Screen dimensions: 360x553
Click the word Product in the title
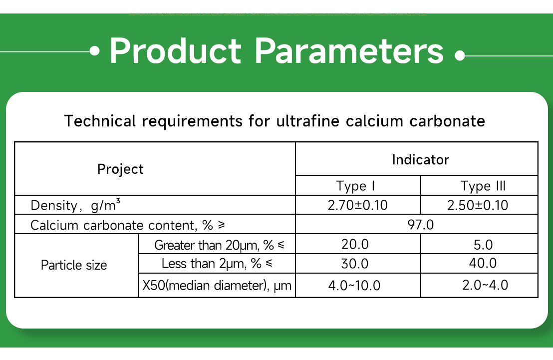(175, 50)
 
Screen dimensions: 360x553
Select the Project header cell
(120, 169)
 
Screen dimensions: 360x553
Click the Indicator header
(420, 160)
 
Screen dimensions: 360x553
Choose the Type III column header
(483, 186)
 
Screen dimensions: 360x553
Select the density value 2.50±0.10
(478, 205)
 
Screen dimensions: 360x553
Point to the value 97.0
(420, 225)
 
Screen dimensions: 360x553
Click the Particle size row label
(74, 265)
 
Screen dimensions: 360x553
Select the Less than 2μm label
(217, 264)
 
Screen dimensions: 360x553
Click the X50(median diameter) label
(217, 286)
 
